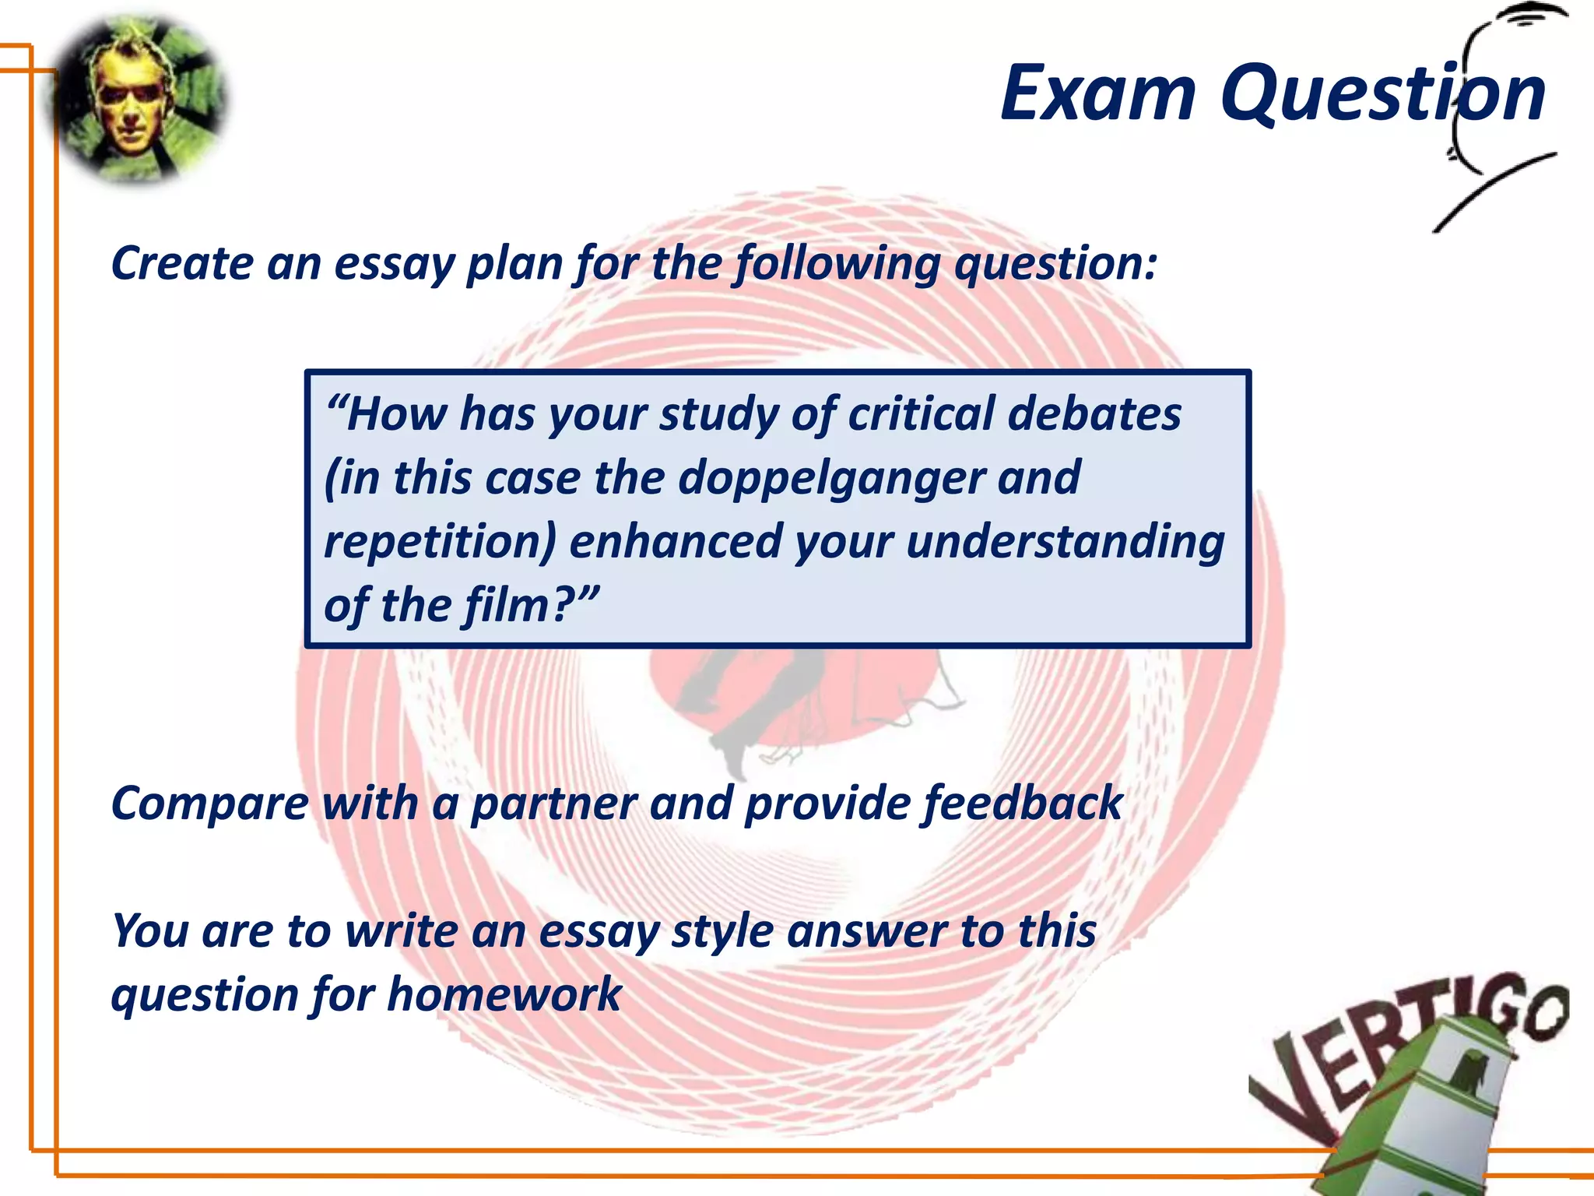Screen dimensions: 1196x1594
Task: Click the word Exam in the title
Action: pos(1098,94)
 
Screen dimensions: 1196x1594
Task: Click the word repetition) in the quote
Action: pos(439,542)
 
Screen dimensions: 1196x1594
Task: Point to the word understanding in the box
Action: pos(1065,542)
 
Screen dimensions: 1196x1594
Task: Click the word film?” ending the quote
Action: pos(532,605)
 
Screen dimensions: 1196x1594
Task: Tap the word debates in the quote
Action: pos(1094,414)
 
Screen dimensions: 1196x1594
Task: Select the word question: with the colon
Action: pos(1055,265)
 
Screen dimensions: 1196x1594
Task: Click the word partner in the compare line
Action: pos(553,804)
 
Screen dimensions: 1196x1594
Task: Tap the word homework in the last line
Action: pos(504,995)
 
